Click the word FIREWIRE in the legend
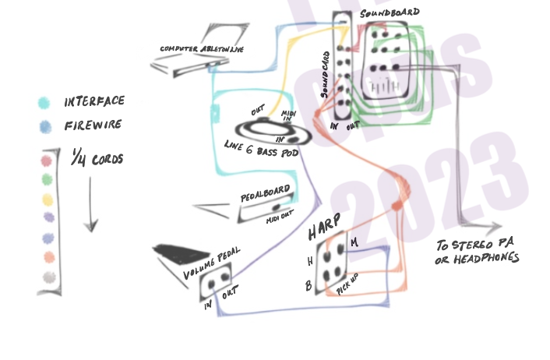coord(91,125)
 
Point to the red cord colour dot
coord(48,162)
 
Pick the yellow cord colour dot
coord(48,200)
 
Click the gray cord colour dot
coord(48,277)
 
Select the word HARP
coord(322,231)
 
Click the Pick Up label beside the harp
coord(347,281)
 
